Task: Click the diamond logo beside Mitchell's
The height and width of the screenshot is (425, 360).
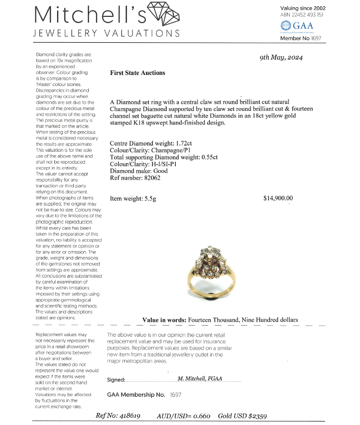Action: [162, 15]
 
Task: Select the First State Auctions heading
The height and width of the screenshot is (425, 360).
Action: [137, 73]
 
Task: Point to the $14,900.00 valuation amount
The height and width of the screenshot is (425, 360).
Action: [278, 198]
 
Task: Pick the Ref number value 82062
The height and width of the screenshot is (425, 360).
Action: [151, 178]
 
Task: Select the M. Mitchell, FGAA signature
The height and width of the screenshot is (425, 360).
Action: [200, 378]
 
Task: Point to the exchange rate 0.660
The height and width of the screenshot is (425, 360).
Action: [201, 416]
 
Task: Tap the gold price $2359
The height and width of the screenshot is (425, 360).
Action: [257, 416]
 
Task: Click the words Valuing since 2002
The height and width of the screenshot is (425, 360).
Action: [302, 8]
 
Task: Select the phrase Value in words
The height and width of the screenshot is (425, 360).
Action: [164, 320]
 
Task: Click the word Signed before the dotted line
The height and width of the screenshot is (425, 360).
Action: [116, 380]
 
